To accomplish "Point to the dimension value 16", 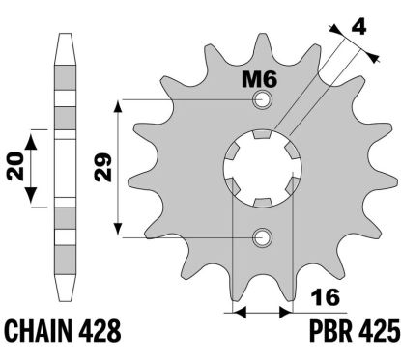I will [x=322, y=296].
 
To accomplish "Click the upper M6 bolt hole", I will [x=261, y=100].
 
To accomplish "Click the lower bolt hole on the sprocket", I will [x=261, y=236].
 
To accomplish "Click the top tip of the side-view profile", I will [x=66, y=36].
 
